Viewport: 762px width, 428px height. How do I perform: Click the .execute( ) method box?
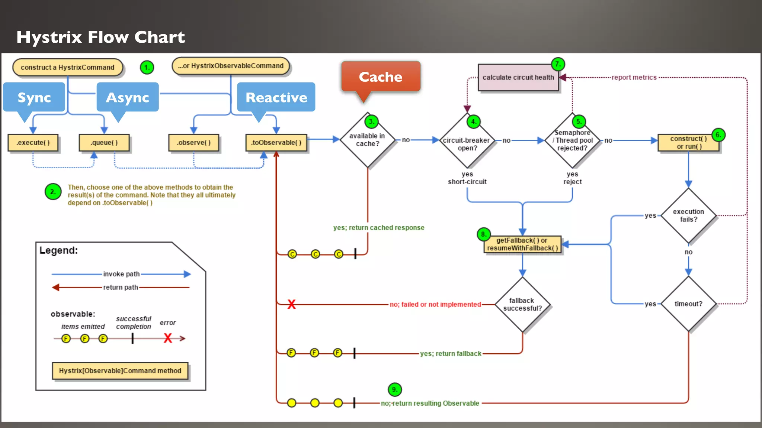33,143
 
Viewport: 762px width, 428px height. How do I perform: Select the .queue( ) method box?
104,143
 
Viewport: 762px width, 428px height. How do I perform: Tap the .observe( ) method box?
193,143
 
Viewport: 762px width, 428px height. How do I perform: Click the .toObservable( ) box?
276,143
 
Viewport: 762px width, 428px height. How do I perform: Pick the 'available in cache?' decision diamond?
368,140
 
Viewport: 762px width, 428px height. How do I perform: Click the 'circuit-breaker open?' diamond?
467,144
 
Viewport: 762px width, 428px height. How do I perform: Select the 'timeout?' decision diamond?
688,304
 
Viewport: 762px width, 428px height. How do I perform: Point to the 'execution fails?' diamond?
688,215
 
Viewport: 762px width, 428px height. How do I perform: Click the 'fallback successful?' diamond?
522,304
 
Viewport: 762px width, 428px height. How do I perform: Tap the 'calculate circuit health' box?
518,77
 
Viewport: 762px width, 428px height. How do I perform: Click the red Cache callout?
381,77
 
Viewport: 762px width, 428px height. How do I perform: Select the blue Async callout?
127,97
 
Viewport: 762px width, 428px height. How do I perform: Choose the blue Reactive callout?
276,97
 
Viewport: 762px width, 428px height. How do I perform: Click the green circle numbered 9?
395,389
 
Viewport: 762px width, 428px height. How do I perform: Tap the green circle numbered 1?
147,67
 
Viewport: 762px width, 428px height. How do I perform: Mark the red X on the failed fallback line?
291,304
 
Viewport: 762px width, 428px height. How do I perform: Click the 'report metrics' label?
634,77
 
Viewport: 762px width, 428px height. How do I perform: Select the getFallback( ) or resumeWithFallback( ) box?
522,244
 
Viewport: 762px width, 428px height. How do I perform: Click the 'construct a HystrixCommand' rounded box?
67,67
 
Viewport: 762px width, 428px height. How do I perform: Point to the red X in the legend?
168,338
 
